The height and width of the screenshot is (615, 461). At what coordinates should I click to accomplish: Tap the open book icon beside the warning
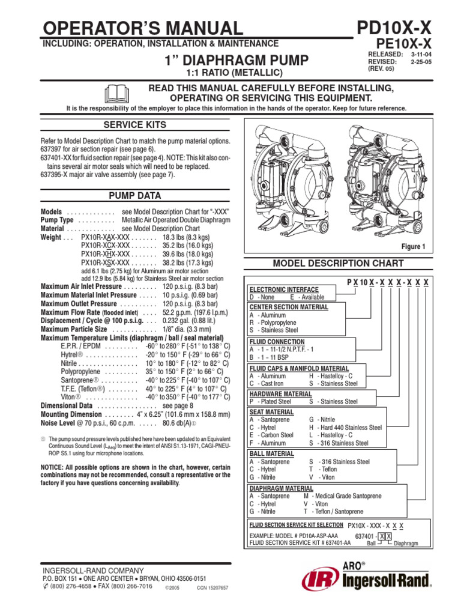(x=117, y=94)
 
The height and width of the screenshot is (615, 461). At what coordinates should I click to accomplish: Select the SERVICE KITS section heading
(x=134, y=124)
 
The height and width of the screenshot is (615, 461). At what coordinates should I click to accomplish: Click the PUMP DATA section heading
(x=134, y=196)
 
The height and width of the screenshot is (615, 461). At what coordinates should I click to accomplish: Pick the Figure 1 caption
(x=413, y=247)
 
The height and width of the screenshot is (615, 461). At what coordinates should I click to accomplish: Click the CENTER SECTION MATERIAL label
(x=289, y=307)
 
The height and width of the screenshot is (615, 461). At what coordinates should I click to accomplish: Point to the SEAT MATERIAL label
(x=271, y=412)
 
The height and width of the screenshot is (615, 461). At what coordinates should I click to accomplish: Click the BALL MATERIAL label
(x=271, y=453)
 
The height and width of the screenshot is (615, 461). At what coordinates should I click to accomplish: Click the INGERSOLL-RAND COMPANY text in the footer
(x=92, y=570)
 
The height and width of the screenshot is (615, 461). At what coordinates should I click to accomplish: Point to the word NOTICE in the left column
(x=53, y=467)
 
